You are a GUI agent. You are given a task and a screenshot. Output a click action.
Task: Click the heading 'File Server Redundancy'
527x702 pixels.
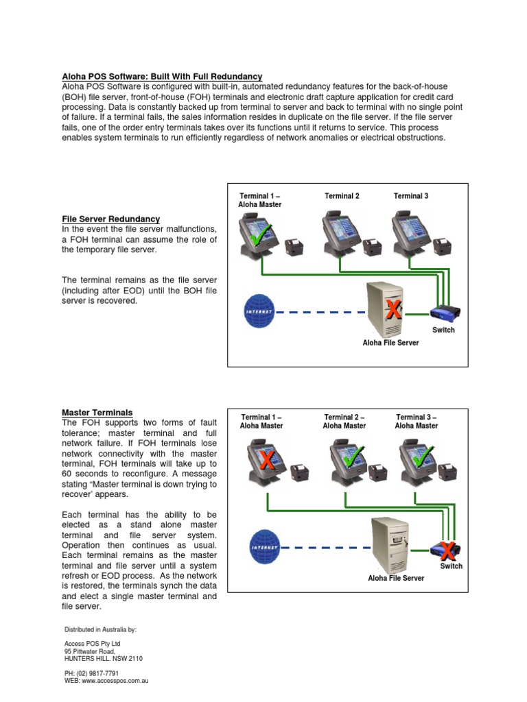coord(110,219)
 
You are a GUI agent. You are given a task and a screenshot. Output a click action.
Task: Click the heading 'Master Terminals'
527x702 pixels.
coord(97,413)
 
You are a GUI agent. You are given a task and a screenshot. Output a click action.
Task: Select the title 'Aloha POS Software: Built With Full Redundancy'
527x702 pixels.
coord(162,76)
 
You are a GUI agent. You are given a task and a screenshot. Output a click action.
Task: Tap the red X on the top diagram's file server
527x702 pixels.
coord(393,309)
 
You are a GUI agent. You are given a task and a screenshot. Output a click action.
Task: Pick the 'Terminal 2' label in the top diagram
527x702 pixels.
coord(342,196)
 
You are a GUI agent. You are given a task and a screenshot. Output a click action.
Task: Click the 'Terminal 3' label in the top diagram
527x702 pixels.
coord(411,196)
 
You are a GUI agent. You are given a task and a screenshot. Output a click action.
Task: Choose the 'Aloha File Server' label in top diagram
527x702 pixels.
coord(390,342)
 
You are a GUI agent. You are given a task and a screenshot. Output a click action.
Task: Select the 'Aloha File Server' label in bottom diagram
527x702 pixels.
coord(396,578)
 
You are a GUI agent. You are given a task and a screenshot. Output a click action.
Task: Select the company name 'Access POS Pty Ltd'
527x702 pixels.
coord(92,644)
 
